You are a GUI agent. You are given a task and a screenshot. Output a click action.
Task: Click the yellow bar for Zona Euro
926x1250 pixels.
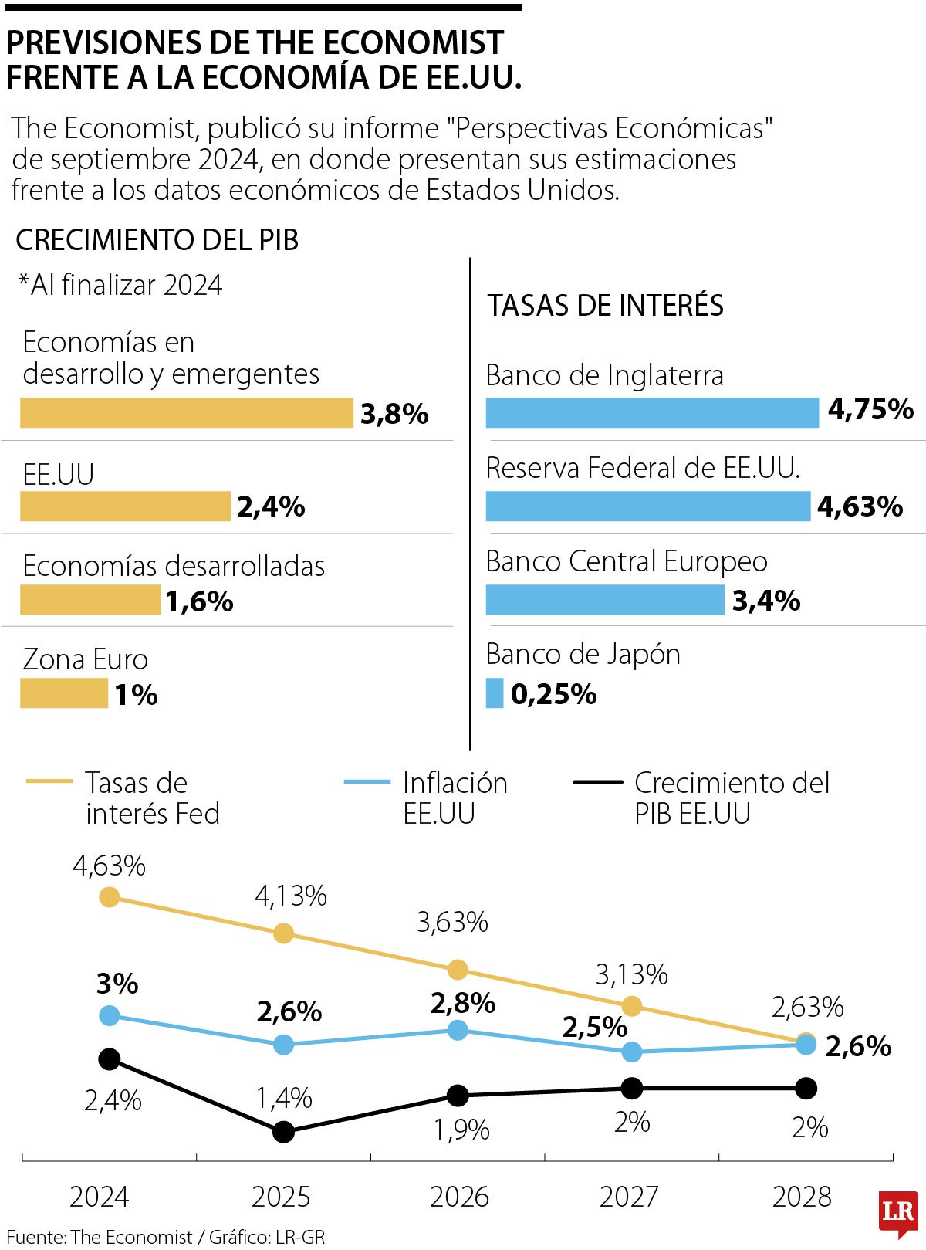64,693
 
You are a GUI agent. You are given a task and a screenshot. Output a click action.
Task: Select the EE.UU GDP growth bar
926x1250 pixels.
125,506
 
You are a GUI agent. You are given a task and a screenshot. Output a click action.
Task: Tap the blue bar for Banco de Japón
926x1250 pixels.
495,693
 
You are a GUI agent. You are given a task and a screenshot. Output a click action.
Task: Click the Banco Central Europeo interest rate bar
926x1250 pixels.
605,600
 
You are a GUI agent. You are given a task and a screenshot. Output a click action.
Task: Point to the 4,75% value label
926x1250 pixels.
870,409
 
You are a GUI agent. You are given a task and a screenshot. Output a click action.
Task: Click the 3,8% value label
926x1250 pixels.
394,415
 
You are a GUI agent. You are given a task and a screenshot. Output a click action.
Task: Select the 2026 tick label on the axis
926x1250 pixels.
459,1197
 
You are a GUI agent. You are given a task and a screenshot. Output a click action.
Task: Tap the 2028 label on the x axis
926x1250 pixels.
802,1197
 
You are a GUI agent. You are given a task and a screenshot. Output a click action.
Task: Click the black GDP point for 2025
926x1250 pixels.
284,1132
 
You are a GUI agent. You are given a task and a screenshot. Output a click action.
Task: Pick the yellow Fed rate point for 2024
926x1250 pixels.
110,897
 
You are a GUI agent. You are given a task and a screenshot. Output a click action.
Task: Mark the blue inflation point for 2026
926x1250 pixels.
458,1030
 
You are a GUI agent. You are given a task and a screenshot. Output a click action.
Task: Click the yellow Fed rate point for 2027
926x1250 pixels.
632,1006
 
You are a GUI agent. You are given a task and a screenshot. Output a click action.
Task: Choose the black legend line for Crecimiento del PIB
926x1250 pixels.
598,782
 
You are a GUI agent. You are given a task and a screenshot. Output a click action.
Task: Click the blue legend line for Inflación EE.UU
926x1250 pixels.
367,782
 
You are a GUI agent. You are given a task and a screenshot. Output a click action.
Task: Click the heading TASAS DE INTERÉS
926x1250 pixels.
605,306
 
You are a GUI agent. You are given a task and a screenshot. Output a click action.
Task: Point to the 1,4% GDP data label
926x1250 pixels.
284,1098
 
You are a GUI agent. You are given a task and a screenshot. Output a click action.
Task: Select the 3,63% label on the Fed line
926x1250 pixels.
452,922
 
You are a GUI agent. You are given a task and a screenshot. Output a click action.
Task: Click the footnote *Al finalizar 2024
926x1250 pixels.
120,285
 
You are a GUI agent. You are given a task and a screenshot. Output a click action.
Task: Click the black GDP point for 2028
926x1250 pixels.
806,1089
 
